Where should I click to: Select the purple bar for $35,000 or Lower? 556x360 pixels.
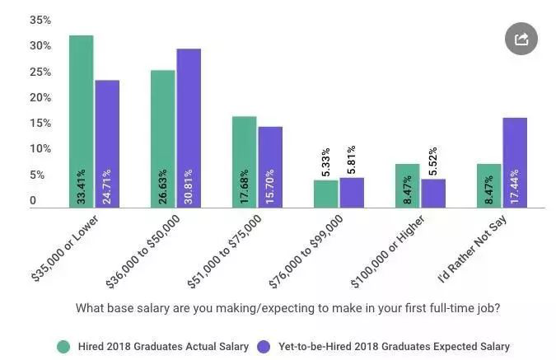pyautogui.click(x=107, y=143)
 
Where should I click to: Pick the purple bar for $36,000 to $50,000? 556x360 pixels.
pyautogui.click(x=189, y=128)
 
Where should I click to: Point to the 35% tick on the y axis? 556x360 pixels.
pyautogui.click(x=40, y=20)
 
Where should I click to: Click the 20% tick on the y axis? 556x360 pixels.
pyautogui.click(x=40, y=97)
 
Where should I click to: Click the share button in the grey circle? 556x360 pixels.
pyautogui.click(x=521, y=39)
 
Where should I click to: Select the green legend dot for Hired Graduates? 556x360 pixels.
pyautogui.click(x=63, y=346)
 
